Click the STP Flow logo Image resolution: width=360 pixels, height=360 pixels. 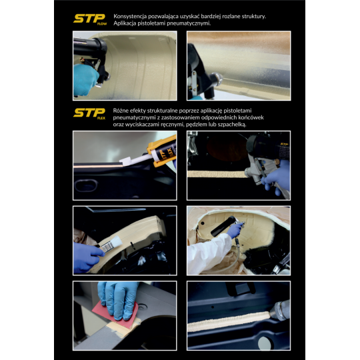click(x=90, y=19)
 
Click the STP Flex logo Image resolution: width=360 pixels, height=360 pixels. click(x=89, y=113)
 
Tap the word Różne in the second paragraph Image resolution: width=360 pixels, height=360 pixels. click(x=121, y=111)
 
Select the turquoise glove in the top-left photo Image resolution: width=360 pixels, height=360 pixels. click(x=85, y=80)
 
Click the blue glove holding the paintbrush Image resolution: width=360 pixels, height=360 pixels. click(x=87, y=257)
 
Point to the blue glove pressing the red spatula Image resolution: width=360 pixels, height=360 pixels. click(x=117, y=299)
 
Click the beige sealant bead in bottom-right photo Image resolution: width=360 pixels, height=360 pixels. click(x=229, y=321)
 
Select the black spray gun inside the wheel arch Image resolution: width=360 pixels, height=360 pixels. click(x=225, y=226)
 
